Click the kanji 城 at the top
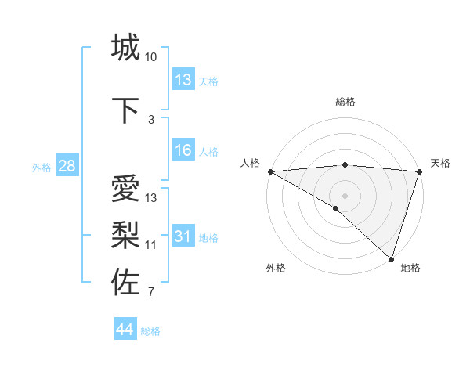[126, 48]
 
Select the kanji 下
[126, 110]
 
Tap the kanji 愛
[126, 189]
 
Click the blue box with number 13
[183, 80]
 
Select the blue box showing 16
[183, 150]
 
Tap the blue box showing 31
[183, 236]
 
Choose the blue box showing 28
[66, 166]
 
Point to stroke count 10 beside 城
[151, 57]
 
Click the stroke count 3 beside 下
[151, 119]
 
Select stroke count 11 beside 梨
[151, 245]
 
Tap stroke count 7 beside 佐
[151, 292]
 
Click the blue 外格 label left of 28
[41, 167]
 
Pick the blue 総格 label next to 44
[150, 331]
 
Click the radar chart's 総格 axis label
[345, 102]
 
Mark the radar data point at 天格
[419, 171]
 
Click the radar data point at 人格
[270, 171]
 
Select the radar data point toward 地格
[391, 258]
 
